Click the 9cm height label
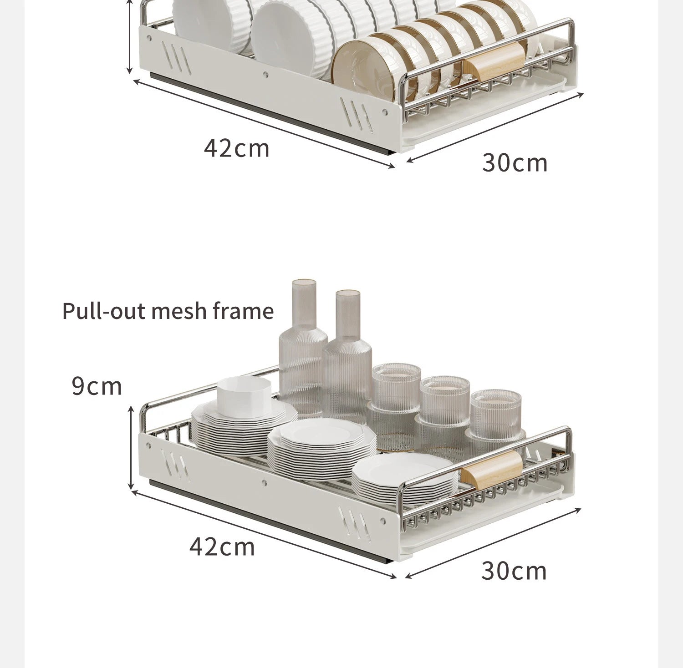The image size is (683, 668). click(97, 386)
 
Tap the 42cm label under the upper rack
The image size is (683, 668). click(236, 148)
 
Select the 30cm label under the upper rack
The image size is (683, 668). click(515, 163)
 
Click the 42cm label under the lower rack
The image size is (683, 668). click(222, 547)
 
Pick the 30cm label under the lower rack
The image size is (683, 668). click(514, 571)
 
